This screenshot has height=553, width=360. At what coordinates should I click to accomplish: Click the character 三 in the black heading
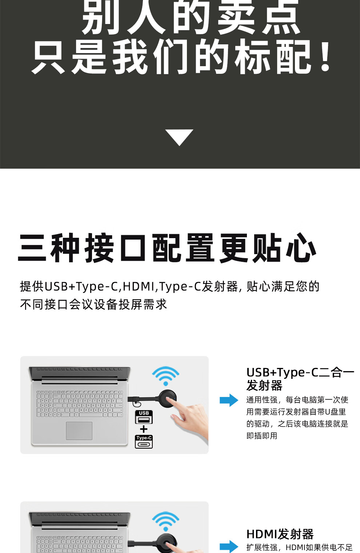point(32,248)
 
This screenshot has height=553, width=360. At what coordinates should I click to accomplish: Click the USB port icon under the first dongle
point(144,417)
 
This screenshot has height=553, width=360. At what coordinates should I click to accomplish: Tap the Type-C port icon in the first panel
point(144,442)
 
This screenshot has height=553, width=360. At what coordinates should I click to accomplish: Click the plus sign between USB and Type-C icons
point(144,429)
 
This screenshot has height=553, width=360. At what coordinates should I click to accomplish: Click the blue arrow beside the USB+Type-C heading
point(229,400)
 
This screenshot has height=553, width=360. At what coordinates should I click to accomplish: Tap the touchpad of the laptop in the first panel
point(79,431)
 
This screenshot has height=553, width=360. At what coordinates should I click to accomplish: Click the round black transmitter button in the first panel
point(168,399)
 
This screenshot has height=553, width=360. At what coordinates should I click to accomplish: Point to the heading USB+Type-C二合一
point(300,373)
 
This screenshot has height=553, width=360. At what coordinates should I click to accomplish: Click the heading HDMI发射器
point(280,534)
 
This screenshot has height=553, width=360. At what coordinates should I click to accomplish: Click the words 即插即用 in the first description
point(262,436)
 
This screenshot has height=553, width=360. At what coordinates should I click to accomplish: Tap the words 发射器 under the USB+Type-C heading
point(264,385)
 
